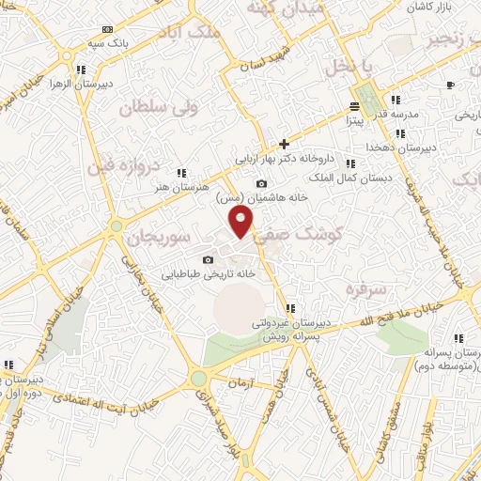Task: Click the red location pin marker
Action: click(x=242, y=223)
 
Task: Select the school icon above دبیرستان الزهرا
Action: click(x=81, y=70)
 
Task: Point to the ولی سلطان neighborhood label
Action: click(x=156, y=108)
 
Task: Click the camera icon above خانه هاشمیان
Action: click(x=261, y=183)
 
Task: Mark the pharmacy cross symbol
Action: click(x=284, y=145)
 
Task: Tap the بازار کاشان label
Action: click(x=429, y=8)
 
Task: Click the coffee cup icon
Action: click(x=450, y=85)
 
